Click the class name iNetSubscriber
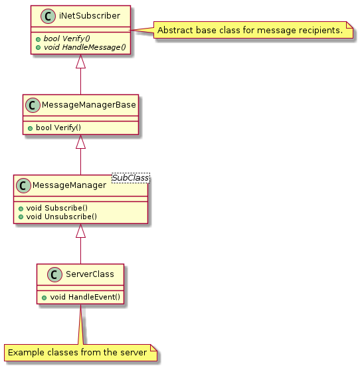tap(90, 16)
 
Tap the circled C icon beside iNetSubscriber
tap(48, 16)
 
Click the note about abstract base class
tap(253, 30)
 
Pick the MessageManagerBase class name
tap(89, 105)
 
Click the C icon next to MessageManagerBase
tap(33, 105)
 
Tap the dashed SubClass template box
tap(130, 177)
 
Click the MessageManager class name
tap(69, 185)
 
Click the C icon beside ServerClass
tap(54, 274)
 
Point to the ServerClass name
tap(90, 274)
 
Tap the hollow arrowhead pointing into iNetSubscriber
tap(80, 61)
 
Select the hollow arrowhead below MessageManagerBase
tap(80, 141)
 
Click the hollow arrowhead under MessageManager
tap(80, 230)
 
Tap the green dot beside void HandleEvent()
tap(44, 298)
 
